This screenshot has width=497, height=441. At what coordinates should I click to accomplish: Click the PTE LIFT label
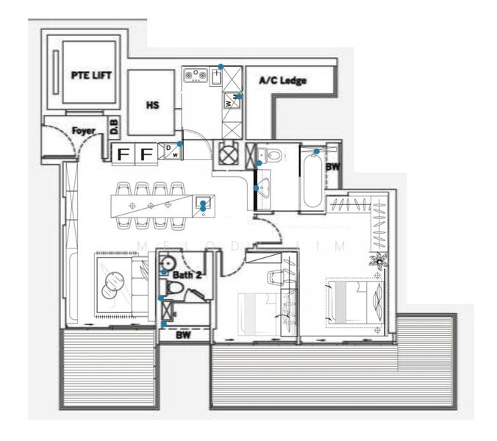(x=90, y=75)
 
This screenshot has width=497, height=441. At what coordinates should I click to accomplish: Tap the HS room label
(x=152, y=105)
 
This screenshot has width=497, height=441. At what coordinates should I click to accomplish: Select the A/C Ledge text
(x=282, y=81)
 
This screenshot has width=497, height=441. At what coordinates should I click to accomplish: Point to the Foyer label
(x=84, y=131)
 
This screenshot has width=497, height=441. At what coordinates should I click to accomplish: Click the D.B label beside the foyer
(x=115, y=127)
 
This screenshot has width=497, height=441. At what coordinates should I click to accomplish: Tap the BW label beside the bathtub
(x=332, y=168)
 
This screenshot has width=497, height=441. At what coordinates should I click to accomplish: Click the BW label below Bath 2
(x=184, y=334)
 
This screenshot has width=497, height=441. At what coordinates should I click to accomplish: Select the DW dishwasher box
(x=172, y=151)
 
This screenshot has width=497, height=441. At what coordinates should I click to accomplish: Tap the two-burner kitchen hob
(x=197, y=74)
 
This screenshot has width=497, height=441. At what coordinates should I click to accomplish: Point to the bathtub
(x=311, y=179)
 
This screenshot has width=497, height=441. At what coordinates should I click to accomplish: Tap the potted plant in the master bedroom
(x=381, y=259)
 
